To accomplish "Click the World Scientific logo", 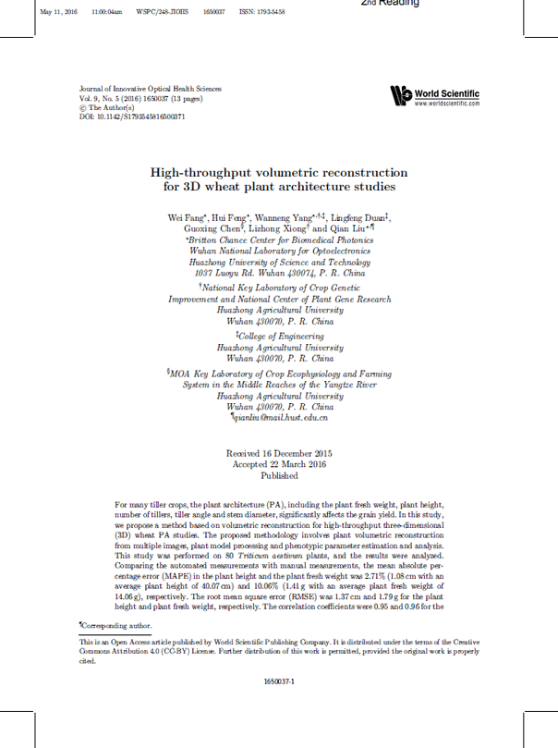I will pyautogui.click(x=434, y=94).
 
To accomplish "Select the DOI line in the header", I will pyautogui.click(x=133, y=117).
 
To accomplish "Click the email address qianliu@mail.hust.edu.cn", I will pyautogui.click(x=281, y=418).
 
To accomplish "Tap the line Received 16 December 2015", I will pyautogui.click(x=279, y=453).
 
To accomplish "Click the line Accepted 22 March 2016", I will pyautogui.click(x=279, y=464).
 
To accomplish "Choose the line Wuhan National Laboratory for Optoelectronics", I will pyautogui.click(x=279, y=250).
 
